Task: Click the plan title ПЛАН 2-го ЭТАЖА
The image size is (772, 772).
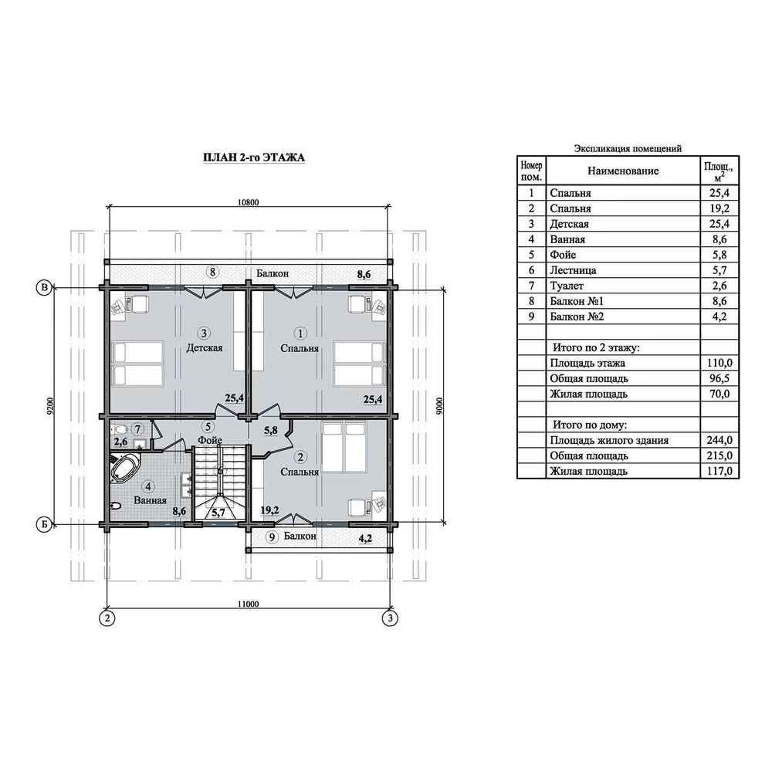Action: tap(254, 157)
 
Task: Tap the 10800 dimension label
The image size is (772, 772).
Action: tap(248, 202)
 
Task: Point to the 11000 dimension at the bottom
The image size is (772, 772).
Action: tap(248, 604)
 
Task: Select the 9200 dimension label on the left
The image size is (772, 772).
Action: tap(49, 406)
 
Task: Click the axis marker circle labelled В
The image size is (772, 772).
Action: tap(44, 287)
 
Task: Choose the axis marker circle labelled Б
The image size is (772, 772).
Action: tap(44, 525)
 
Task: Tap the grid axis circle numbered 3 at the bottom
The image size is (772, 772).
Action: tap(390, 618)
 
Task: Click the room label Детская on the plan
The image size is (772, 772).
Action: tap(205, 348)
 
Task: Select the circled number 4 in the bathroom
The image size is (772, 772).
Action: tap(147, 487)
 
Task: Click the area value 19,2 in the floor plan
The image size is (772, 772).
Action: tap(269, 510)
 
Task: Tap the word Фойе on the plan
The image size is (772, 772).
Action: tap(210, 440)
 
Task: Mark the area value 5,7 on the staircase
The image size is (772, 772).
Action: tap(218, 513)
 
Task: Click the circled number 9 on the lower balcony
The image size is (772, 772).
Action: tap(272, 537)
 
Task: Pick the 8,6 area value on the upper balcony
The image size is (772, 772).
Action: tap(364, 275)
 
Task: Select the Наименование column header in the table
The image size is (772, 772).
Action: tap(623, 171)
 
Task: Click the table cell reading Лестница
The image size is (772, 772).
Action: tap(573, 270)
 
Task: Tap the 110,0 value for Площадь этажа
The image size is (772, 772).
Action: tap(720, 364)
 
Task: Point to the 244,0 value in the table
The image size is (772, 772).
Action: tap(720, 440)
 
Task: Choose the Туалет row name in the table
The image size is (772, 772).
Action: tap(567, 286)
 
